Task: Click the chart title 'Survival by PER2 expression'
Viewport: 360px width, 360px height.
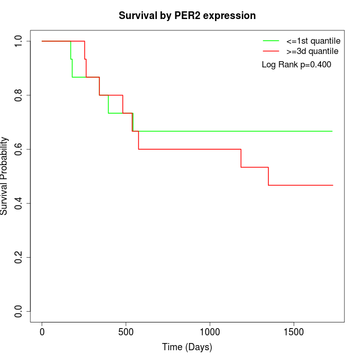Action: click(187, 15)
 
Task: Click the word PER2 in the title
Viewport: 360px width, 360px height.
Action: click(178, 15)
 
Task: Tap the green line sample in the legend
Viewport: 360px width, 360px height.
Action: click(271, 41)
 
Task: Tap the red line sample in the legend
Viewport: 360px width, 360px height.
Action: click(271, 51)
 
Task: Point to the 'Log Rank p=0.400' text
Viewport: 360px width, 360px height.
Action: click(296, 65)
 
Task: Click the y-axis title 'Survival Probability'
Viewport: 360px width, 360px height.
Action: click(5, 176)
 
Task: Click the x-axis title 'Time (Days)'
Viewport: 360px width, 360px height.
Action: click(187, 347)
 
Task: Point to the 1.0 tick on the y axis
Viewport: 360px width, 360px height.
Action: click(19, 41)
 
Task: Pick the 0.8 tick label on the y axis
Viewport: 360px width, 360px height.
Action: click(19, 95)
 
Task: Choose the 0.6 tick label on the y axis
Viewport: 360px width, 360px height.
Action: click(19, 149)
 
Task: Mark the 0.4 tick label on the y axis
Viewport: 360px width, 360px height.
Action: click(19, 203)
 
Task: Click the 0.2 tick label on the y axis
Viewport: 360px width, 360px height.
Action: click(19, 257)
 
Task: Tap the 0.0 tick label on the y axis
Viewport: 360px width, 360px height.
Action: click(19, 311)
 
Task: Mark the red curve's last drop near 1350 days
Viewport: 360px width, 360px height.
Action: click(268, 176)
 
